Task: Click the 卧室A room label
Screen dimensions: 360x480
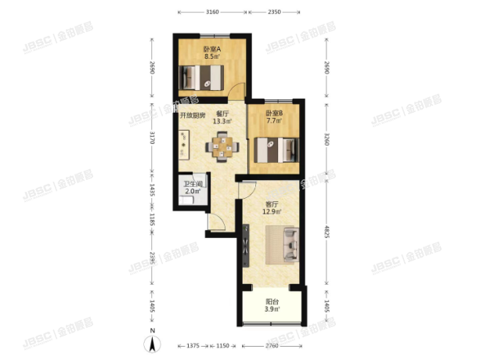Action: pyautogui.click(x=211, y=49)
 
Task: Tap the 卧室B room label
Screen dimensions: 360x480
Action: pyautogui.click(x=272, y=113)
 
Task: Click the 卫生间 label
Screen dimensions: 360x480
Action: pyautogui.click(x=193, y=184)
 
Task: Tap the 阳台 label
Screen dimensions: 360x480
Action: pyautogui.click(x=272, y=301)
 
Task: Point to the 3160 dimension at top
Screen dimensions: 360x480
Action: pyautogui.click(x=211, y=13)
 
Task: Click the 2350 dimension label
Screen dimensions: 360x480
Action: pyautogui.click(x=274, y=13)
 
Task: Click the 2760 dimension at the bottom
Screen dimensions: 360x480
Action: pyautogui.click(x=271, y=345)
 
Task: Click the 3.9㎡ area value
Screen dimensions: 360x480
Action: pyautogui.click(x=272, y=310)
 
